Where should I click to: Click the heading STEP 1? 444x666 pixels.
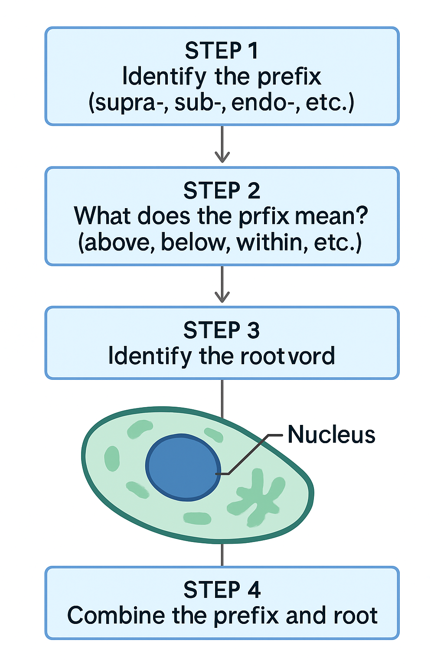pos(222,51)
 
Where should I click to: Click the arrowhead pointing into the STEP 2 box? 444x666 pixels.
pos(222,157)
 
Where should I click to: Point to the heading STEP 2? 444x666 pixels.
pos(222,191)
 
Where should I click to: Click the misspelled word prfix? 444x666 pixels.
pos(264,216)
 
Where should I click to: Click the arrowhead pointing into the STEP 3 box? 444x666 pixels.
pos(222,297)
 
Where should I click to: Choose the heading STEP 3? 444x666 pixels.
pos(222,330)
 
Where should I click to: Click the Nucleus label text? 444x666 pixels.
pos(331,434)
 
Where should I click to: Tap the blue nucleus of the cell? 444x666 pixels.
pos(182,467)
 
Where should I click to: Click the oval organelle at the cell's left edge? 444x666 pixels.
pos(112,458)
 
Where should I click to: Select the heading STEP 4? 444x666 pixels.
pos(222,590)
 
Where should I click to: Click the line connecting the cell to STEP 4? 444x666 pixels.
pos(222,555)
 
